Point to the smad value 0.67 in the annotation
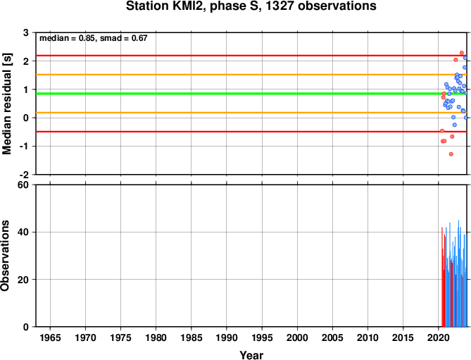139,38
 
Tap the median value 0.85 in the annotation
87,38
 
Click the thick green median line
251,94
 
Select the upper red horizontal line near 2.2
251,56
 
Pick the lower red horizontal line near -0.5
251,132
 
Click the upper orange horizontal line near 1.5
251,75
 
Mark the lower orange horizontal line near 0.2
251,113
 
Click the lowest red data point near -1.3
451,154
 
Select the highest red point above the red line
462,53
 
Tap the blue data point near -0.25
455,125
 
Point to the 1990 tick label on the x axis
227,337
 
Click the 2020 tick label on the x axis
438,337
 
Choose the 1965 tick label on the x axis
50,337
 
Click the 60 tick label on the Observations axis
23,185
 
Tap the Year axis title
251,355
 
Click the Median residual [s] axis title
6,104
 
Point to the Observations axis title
5,256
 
